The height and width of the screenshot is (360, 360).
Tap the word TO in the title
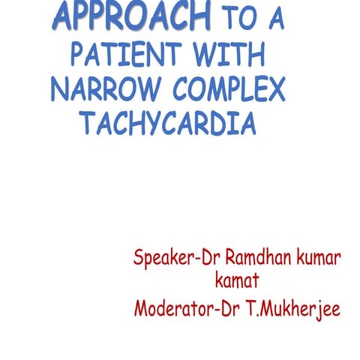235,18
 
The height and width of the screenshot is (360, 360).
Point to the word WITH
232,54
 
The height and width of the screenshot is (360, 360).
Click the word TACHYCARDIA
169,123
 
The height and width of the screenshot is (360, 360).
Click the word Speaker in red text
161,259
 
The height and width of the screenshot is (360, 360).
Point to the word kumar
319,258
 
